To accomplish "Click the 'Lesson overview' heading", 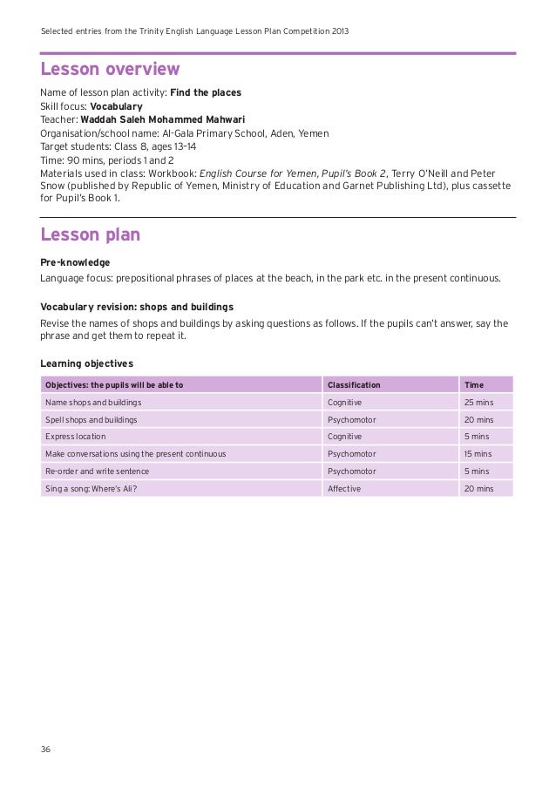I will pyautogui.click(x=111, y=70).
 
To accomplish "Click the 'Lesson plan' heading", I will pyautogui.click(x=91, y=234).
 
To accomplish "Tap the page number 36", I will pyautogui.click(x=46, y=750).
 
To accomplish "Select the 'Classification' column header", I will pyautogui.click(x=353, y=384).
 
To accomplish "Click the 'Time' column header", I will pyautogui.click(x=474, y=384).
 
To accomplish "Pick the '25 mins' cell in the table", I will pyautogui.click(x=478, y=403).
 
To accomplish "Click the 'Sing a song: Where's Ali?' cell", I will pyautogui.click(x=92, y=489).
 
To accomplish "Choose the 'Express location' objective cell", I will pyautogui.click(x=76, y=437).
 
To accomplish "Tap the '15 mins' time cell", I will pyautogui.click(x=478, y=454).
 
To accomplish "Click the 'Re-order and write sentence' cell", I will pyautogui.click(x=97, y=472).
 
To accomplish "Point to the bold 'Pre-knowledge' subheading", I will pyautogui.click(x=75, y=261).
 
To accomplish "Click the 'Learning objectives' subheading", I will pyautogui.click(x=87, y=363).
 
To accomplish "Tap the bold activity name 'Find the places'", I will pyautogui.click(x=206, y=92).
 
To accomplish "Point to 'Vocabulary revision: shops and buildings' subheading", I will pyautogui.click(x=137, y=307).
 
